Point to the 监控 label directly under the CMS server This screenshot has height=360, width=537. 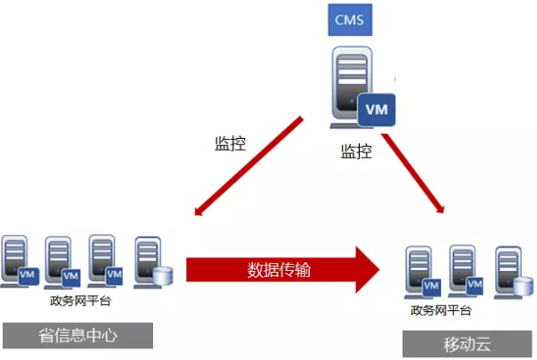click(356, 151)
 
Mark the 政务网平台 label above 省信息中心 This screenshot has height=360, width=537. click(81, 302)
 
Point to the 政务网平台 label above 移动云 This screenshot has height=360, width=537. click(441, 310)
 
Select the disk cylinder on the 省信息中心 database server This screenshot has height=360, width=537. click(161, 275)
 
